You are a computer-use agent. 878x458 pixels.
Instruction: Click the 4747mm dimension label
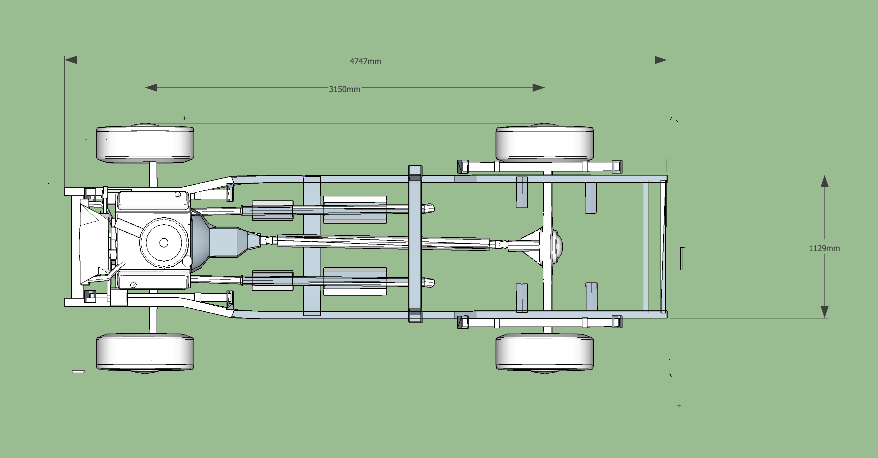point(365,61)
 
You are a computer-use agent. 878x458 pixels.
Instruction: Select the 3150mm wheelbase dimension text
point(344,89)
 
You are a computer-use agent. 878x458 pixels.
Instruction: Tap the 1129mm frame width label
point(824,248)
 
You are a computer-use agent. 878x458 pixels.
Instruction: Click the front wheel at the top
point(145,144)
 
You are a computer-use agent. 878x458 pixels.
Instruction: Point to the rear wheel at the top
point(544,144)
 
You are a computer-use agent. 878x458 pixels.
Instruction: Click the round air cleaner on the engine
point(164,242)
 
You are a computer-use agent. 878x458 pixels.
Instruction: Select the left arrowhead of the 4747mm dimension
point(71,60)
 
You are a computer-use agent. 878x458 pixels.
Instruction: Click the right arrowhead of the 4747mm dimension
point(661,60)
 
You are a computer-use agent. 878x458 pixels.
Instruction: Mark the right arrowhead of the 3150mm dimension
point(539,87)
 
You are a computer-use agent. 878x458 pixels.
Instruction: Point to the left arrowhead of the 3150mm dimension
point(151,87)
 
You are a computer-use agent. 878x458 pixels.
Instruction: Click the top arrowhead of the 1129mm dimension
point(824,181)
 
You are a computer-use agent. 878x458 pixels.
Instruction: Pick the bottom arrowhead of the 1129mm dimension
point(824,312)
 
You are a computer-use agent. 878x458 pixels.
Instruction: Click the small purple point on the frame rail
point(303,177)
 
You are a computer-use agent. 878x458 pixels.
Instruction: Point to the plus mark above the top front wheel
point(185,118)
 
